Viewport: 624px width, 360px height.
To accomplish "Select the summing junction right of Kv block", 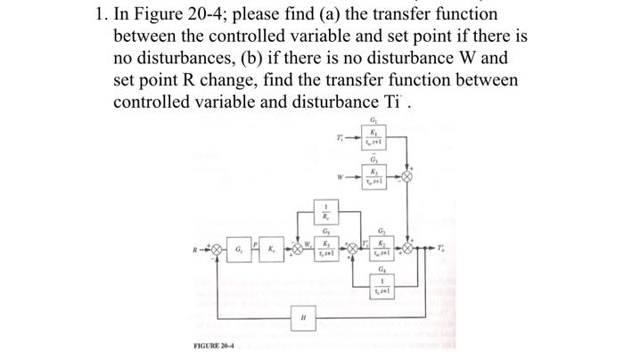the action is click(300, 248).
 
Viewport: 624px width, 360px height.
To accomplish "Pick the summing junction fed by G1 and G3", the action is click(409, 175).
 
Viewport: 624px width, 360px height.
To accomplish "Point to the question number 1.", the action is click(100, 15).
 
